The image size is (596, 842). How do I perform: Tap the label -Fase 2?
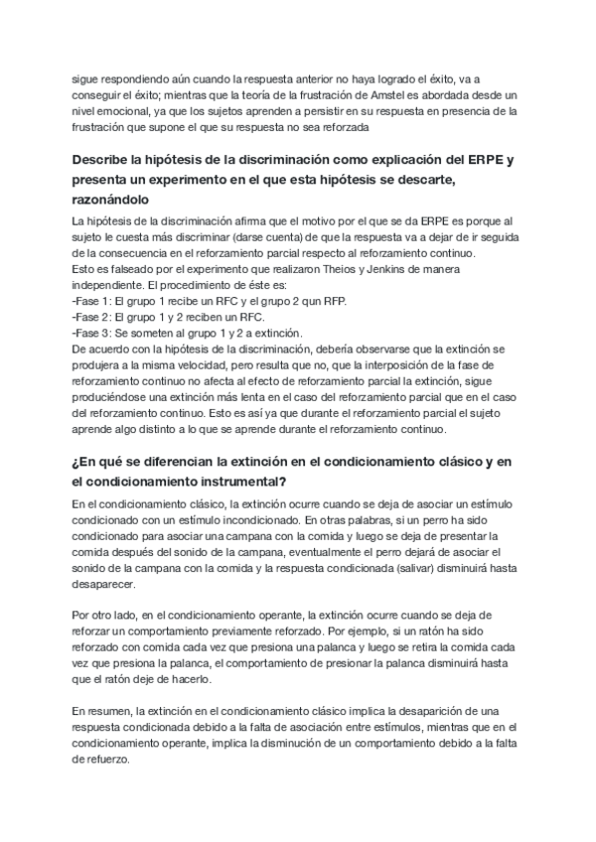tap(93, 318)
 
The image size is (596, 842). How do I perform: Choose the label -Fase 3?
tap(93, 334)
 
